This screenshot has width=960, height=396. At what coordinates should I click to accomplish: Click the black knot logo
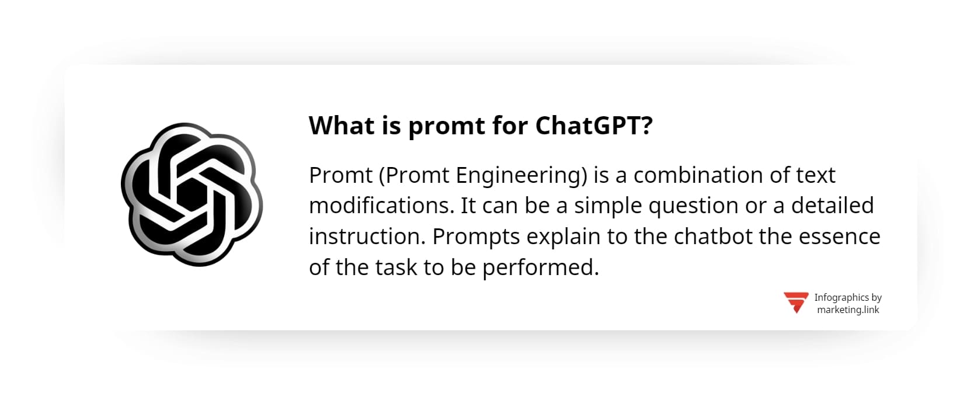coord(192,194)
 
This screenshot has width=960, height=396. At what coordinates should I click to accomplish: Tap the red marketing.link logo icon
coord(796,303)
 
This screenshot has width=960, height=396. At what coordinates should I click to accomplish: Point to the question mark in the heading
coord(646,126)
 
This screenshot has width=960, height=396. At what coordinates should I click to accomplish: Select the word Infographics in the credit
coord(841,298)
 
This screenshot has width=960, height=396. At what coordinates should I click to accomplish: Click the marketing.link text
coord(848,310)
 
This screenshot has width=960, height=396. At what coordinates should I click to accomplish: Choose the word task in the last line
coord(396,268)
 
